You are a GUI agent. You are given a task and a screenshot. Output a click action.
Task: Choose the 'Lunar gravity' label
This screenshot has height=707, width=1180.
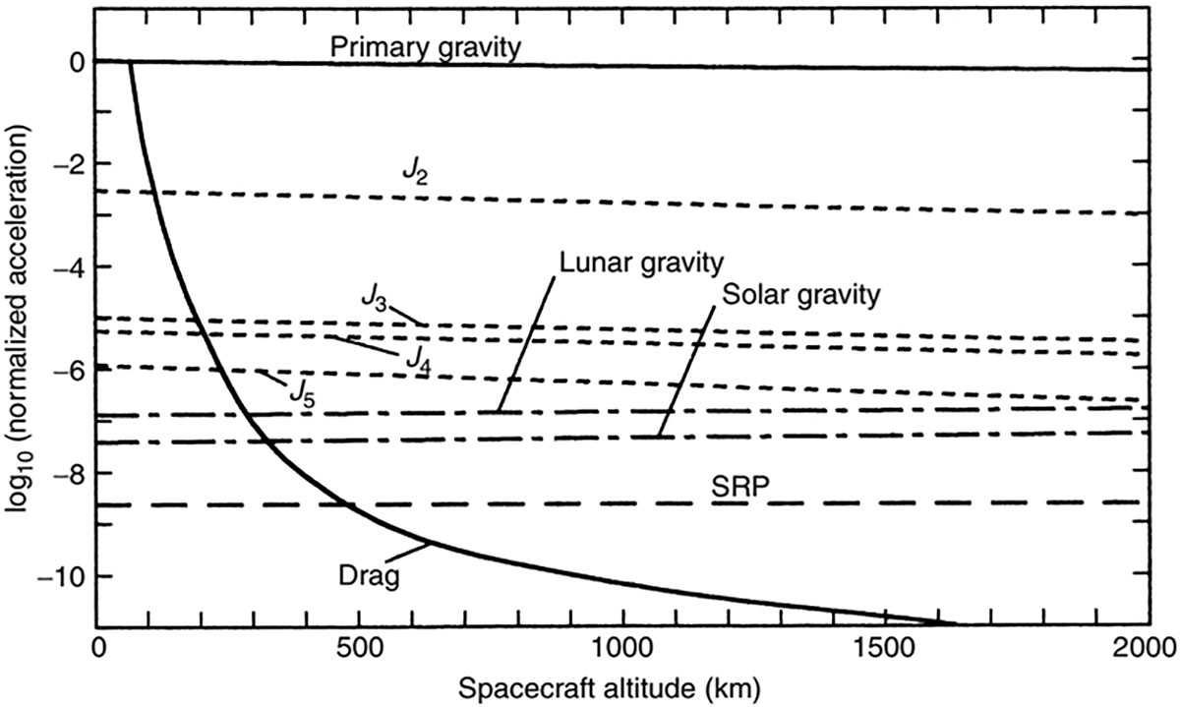640,263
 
